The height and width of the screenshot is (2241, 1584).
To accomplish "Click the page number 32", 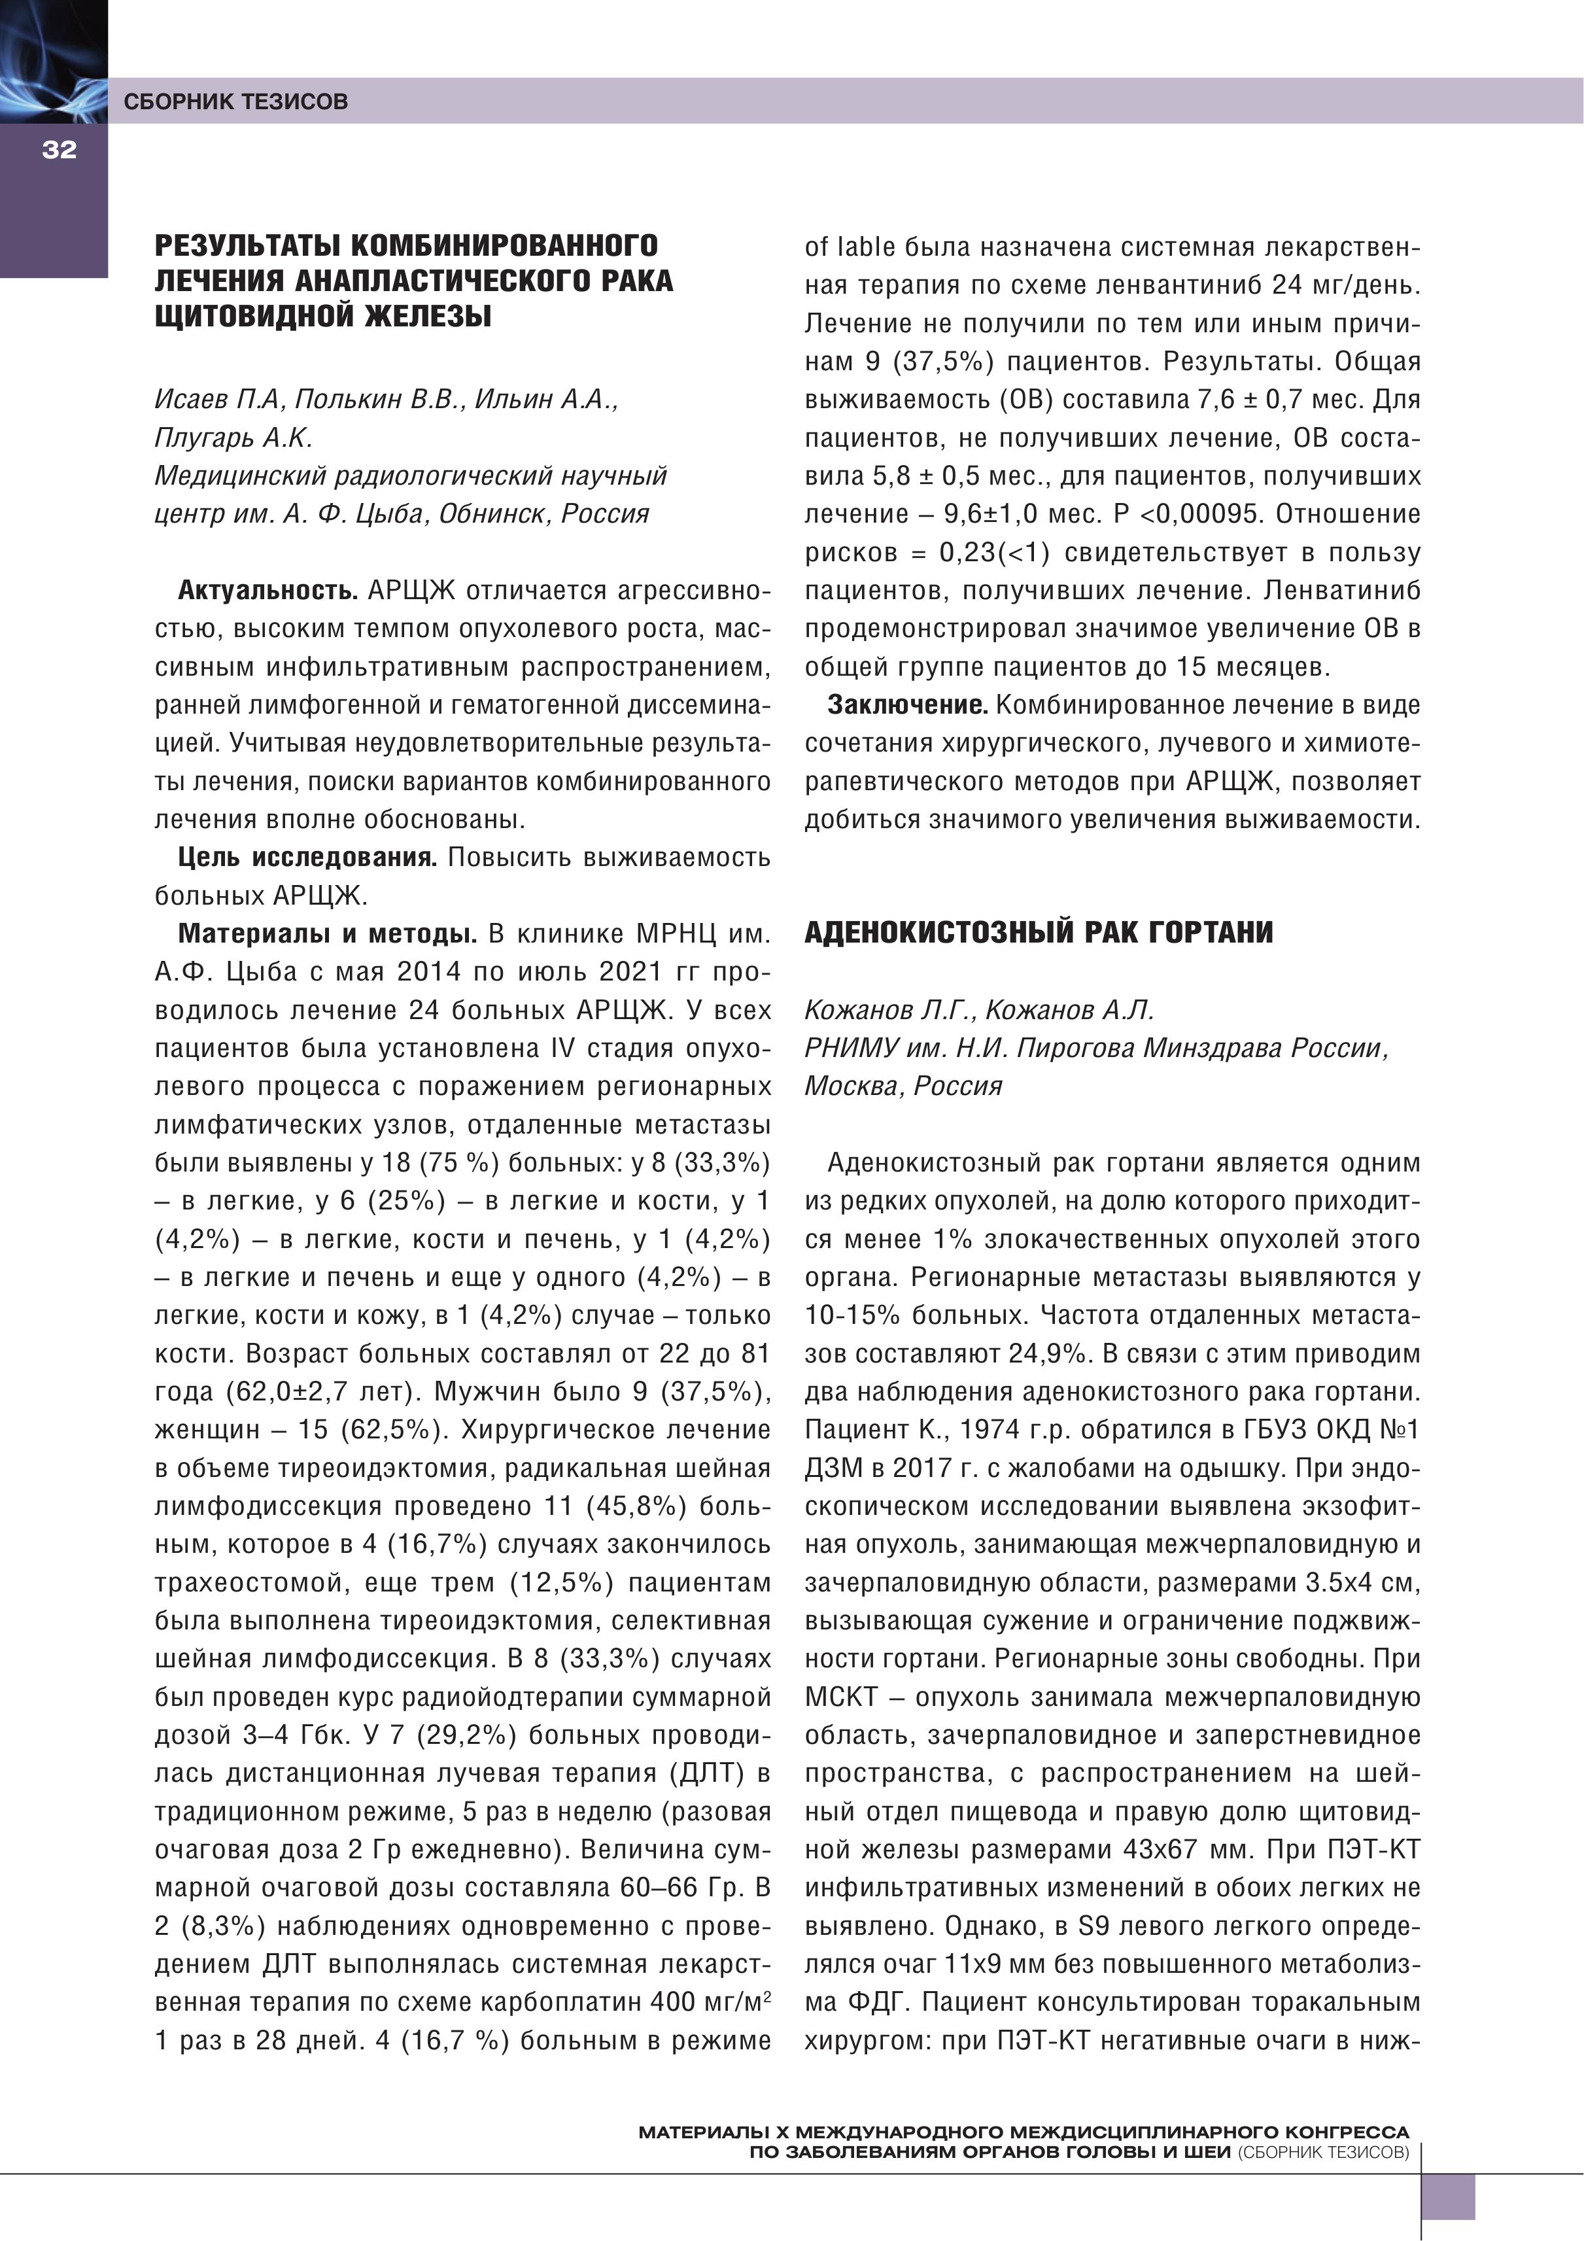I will point(59,149).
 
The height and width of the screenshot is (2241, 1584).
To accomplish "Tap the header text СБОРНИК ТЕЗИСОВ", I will point(235,101).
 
